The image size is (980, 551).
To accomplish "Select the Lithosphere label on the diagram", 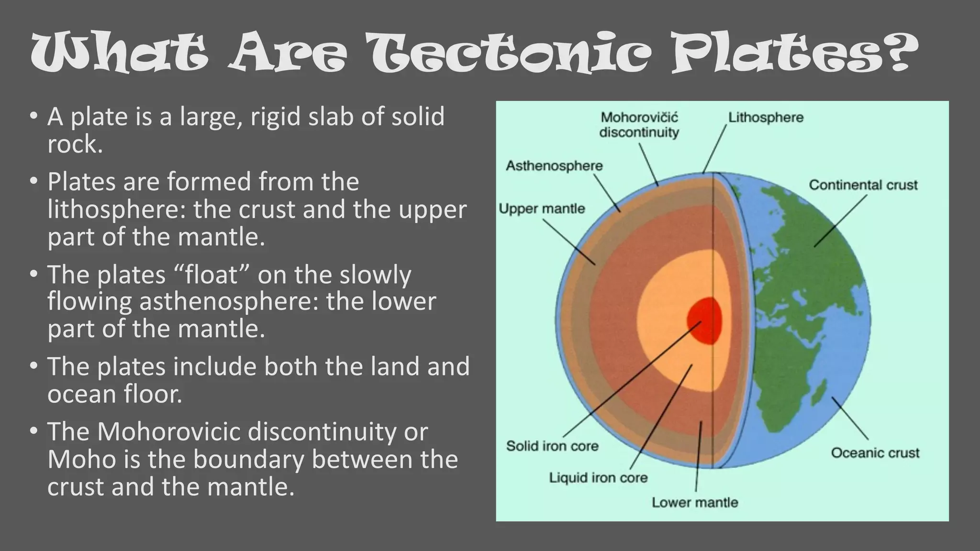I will (766, 118).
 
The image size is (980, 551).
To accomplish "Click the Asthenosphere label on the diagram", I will (554, 166).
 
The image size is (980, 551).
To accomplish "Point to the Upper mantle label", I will (542, 209).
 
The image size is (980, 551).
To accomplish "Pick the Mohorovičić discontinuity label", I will (639, 125).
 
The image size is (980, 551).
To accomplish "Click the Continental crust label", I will (863, 185).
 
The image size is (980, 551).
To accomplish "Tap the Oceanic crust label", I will (875, 453).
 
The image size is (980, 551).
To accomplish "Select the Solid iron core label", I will (552, 446).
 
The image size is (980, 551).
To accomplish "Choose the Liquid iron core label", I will (598, 478).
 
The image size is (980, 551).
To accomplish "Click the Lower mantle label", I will (695, 503).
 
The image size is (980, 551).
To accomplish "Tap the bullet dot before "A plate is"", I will (33, 116).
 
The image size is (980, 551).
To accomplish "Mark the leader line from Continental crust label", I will (840, 221).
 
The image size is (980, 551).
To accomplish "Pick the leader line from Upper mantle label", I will (569, 242).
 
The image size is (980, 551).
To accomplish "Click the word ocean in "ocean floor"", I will (82, 395).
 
